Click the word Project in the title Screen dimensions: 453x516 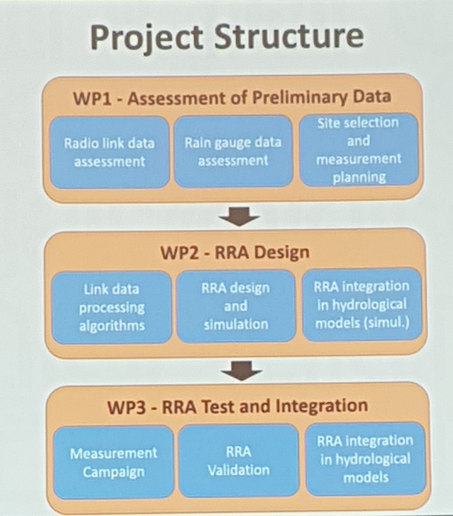[x=147, y=37]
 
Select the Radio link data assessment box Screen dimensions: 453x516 [x=109, y=152]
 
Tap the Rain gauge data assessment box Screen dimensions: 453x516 [x=233, y=152]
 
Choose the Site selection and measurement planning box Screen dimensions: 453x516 [x=359, y=150]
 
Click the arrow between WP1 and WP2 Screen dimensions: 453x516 [x=240, y=216]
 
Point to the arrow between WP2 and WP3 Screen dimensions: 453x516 [x=241, y=370]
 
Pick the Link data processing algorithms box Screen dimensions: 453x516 [x=112, y=307]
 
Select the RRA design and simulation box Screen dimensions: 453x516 [x=236, y=306]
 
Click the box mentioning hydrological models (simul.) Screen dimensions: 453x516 [x=362, y=305]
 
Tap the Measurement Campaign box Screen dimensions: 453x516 [x=113, y=462]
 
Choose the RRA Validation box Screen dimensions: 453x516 [x=239, y=461]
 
